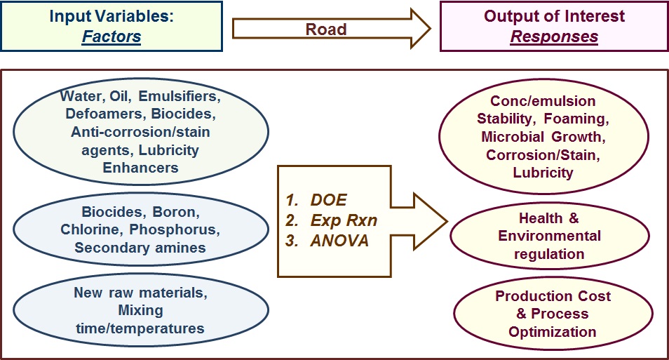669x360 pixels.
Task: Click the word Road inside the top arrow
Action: click(326, 29)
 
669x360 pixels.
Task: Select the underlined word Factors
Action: click(111, 36)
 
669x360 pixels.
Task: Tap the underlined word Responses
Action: click(554, 36)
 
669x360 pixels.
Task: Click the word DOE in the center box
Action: click(328, 200)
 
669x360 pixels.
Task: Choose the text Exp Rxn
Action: click(344, 220)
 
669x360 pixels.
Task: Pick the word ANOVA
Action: click(339, 241)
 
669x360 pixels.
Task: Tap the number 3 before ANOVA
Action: click(292, 241)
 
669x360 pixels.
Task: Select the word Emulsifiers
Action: click(180, 96)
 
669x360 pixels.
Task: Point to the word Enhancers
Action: click(140, 168)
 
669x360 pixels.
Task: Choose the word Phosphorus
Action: click(175, 229)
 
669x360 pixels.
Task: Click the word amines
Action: click(180, 248)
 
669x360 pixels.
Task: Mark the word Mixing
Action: click(141, 310)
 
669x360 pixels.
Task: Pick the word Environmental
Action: click(550, 236)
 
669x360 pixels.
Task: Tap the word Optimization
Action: click(553, 332)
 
